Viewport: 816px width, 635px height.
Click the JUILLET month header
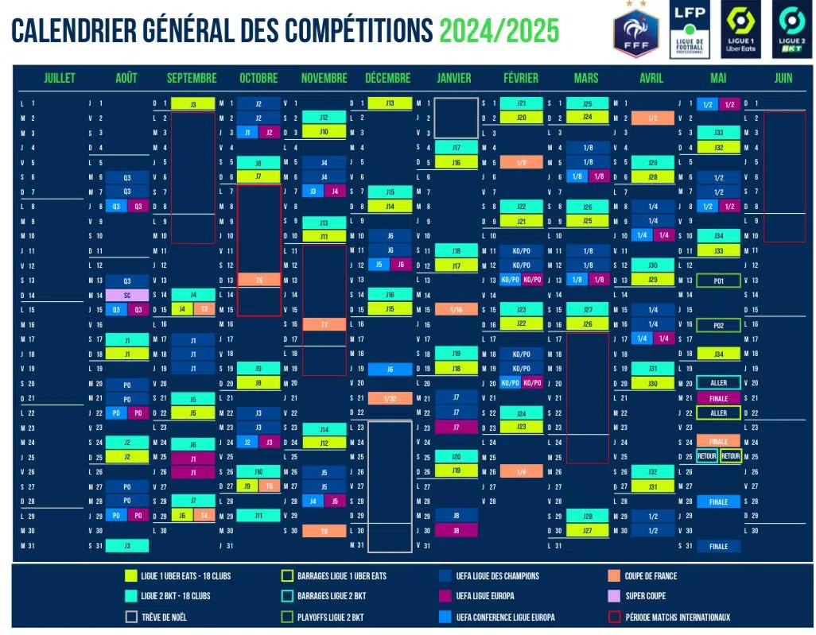pyautogui.click(x=60, y=78)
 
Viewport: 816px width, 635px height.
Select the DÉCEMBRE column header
pyautogui.click(x=387, y=78)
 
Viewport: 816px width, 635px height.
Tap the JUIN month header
pyautogui.click(x=783, y=78)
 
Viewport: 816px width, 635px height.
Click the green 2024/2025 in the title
pyautogui.click(x=499, y=31)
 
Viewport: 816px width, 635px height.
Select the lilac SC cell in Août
pyautogui.click(x=126, y=295)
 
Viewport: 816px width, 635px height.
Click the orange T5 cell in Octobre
pyautogui.click(x=259, y=280)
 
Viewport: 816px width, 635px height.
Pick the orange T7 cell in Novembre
pyautogui.click(x=324, y=324)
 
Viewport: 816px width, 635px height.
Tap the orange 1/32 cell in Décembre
pyautogui.click(x=390, y=398)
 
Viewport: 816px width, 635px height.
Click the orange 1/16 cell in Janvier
pyautogui.click(x=456, y=309)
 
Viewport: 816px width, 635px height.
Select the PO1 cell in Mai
pyautogui.click(x=718, y=281)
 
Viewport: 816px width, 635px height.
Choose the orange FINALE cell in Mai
pyautogui.click(x=718, y=442)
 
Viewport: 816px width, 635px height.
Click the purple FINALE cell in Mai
pyautogui.click(x=718, y=398)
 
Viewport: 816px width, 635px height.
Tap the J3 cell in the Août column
pyautogui.click(x=126, y=546)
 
